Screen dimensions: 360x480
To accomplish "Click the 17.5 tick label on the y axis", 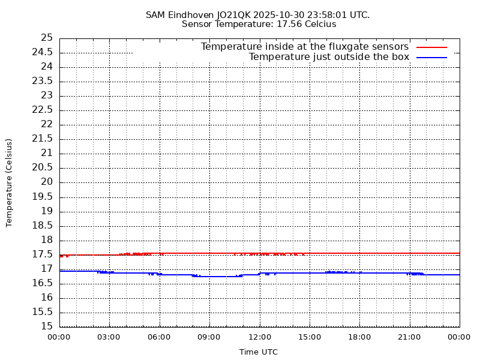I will coord(43,254).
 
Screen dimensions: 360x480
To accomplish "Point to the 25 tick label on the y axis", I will coord(47,38).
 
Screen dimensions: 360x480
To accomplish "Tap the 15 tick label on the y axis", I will coord(47,326).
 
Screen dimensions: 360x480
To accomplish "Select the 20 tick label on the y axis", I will coord(47,182).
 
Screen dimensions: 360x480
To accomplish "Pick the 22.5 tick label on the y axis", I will coord(43,110).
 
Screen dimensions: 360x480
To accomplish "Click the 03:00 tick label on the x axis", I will coord(109,337).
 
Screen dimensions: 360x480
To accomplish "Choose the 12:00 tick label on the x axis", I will coord(259,337).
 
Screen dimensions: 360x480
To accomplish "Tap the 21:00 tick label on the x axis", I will coord(409,337).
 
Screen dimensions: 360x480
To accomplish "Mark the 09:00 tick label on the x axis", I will coord(209,337).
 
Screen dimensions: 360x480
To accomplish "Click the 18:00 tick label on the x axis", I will coord(359,337).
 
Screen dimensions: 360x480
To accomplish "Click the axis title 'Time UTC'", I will coord(259,352).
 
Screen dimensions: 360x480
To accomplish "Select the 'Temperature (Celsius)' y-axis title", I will coord(9,182).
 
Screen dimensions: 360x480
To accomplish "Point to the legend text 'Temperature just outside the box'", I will coord(329,57).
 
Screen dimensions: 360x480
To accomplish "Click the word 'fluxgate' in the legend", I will coord(340,47).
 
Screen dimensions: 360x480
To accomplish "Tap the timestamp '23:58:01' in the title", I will coord(328,14).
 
